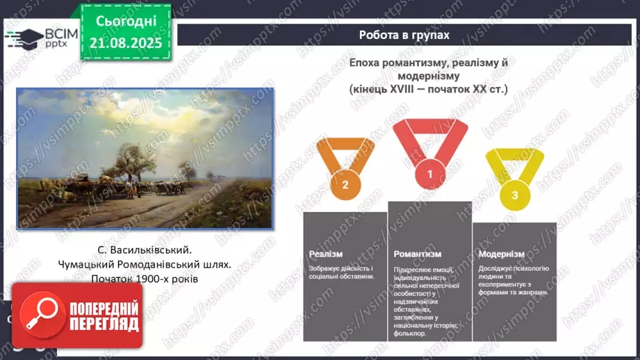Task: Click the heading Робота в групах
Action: (404, 35)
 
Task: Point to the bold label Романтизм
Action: (417, 254)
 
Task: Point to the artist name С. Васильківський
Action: (144, 248)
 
